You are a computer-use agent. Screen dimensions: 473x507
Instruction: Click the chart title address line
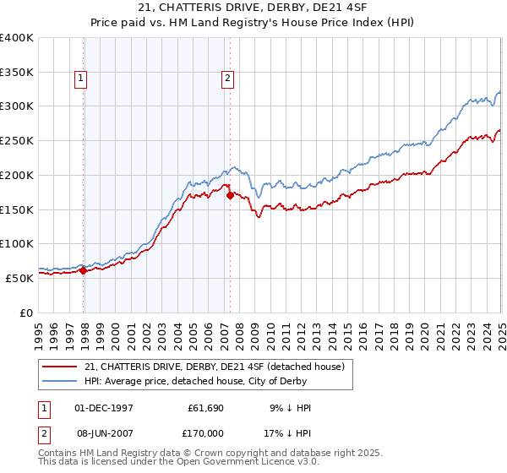[253, 9]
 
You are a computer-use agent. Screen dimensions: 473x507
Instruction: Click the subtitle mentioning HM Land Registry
[253, 24]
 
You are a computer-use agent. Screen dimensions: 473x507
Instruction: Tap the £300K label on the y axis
[16, 106]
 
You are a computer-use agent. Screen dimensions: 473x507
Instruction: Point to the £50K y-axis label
[19, 277]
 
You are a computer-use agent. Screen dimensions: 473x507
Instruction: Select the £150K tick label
[16, 209]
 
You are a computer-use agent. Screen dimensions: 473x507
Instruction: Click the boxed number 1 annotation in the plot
[81, 79]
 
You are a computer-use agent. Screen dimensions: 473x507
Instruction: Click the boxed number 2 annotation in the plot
[228, 79]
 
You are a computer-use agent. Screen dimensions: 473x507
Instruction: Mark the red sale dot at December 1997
[84, 270]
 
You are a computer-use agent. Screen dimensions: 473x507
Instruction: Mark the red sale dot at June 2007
[230, 196]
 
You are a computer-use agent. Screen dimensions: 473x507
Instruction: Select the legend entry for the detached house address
[214, 367]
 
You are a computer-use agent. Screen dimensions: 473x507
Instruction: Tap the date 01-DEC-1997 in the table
[104, 408]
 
